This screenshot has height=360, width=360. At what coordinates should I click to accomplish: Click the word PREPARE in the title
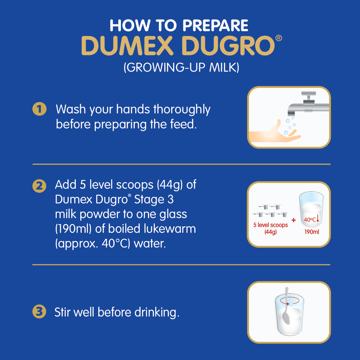coord(215,25)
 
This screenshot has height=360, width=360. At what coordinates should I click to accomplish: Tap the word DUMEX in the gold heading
coord(127,46)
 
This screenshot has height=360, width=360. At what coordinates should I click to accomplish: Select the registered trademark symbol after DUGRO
coord(278,38)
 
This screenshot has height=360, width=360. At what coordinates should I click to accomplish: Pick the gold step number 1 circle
coord(39,109)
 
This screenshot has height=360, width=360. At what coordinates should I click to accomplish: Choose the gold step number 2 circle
coord(39,186)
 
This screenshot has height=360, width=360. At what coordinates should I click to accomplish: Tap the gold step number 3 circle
coord(39,311)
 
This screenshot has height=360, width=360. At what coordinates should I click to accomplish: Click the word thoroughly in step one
coord(182,109)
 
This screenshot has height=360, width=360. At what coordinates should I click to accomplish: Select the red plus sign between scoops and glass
coord(294,220)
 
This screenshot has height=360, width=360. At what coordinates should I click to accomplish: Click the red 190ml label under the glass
coord(312,232)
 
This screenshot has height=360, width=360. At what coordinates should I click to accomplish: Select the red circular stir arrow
coord(289,301)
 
